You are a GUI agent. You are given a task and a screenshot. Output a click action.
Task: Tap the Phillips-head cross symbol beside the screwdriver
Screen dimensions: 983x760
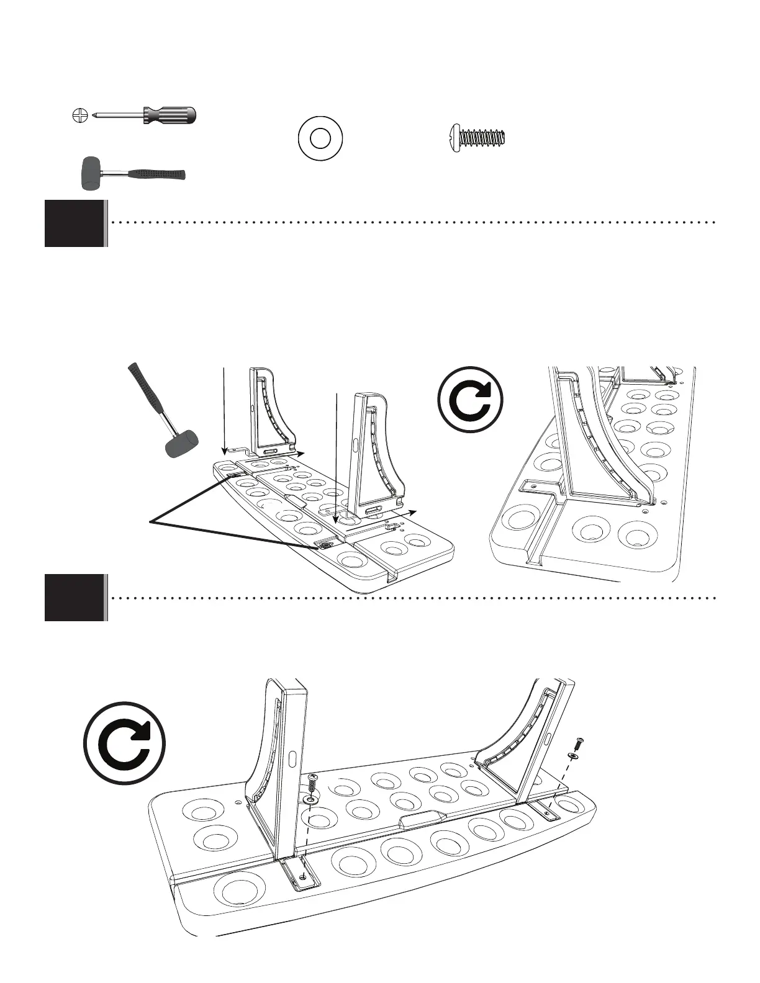(78, 115)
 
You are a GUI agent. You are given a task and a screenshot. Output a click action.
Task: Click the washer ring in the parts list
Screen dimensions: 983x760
(320, 138)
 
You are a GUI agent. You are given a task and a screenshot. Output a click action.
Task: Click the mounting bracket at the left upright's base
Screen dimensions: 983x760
(301, 874)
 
